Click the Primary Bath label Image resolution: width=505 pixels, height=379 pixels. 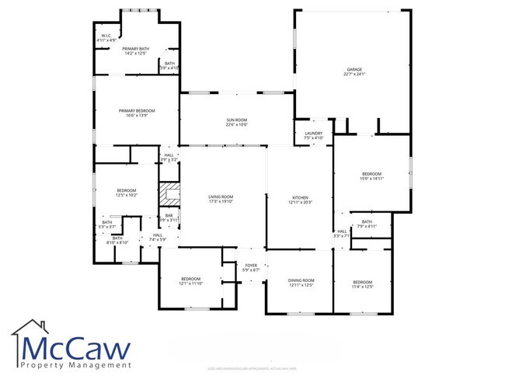[x=134, y=50]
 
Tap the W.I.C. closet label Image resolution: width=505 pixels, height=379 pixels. [x=105, y=37]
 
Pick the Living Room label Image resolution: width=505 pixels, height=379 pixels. [x=221, y=199]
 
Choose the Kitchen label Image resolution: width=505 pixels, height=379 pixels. [x=301, y=200]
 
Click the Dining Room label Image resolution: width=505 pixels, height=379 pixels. [x=301, y=282]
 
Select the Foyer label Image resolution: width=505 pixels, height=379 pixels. [x=251, y=267]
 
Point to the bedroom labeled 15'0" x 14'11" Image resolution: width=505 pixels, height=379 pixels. [x=371, y=176]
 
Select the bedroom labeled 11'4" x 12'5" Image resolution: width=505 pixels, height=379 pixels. [x=363, y=284]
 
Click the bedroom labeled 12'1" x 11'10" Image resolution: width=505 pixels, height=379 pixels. [x=191, y=281]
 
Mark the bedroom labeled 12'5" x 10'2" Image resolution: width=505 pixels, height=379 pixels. [x=127, y=193]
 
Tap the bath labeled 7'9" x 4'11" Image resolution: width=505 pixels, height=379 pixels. [x=366, y=224]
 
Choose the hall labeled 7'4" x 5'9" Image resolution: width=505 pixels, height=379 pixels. [x=158, y=237]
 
